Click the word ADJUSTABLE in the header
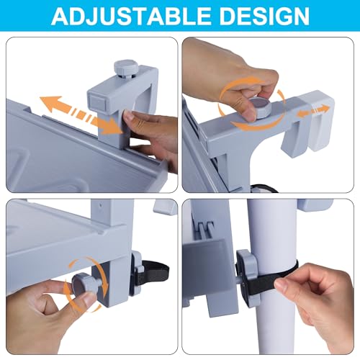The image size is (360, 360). pyautogui.click(x=131, y=16)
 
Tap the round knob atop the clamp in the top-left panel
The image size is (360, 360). pyautogui.click(x=126, y=68)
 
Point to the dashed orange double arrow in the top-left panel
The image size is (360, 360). pyautogui.click(x=81, y=115)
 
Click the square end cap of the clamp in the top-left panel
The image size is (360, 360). pyautogui.click(x=98, y=102)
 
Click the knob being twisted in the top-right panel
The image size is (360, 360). pyautogui.click(x=260, y=107)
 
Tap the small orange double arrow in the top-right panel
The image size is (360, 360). pyautogui.click(x=313, y=111)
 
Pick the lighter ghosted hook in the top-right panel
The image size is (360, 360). pyautogui.click(x=320, y=120)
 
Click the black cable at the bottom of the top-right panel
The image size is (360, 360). pyautogui.click(x=264, y=189)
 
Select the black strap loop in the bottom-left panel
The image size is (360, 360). pyautogui.click(x=153, y=271)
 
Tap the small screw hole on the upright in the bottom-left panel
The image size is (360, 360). pyautogui.click(x=101, y=205)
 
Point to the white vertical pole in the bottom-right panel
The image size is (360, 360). pyautogui.click(x=272, y=276)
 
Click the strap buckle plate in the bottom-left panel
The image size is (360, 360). pyautogui.click(x=135, y=274)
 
